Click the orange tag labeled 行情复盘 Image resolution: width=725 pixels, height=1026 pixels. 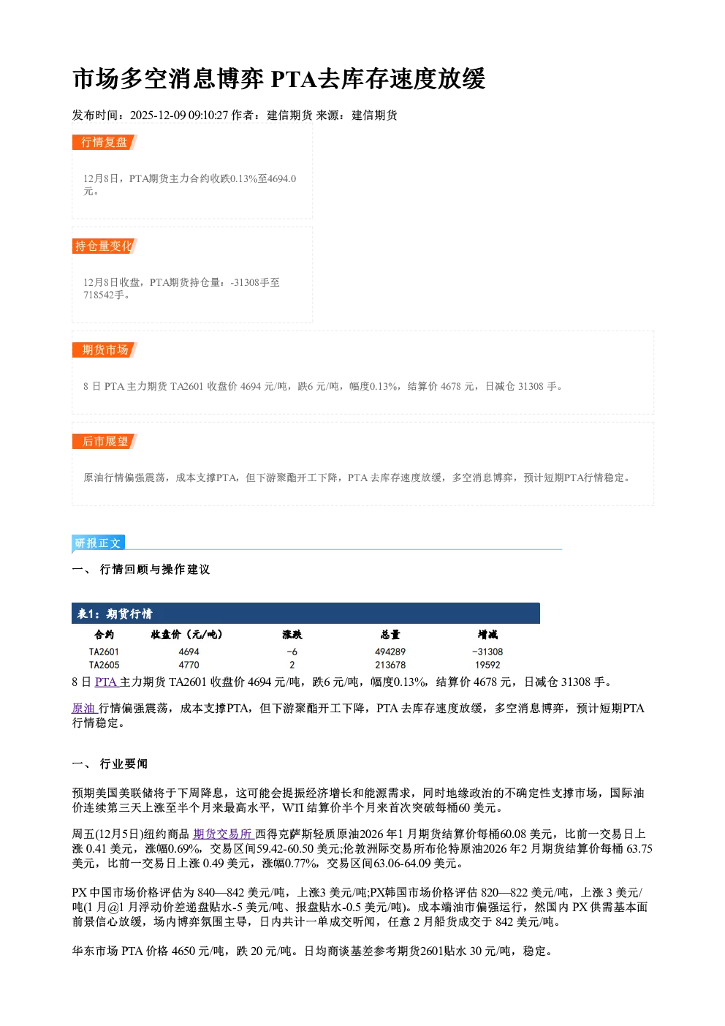pos(105,142)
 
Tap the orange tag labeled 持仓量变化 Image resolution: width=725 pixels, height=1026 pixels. pos(105,246)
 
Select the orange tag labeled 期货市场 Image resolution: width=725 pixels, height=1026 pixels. pos(105,350)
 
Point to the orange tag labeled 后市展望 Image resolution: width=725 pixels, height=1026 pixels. pos(105,441)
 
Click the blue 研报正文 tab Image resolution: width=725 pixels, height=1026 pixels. pos(98,543)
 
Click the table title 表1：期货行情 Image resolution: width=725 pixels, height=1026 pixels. pos(115,614)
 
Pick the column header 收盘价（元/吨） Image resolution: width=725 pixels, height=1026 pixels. pos(187,634)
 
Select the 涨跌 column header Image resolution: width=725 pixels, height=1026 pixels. pos(292,634)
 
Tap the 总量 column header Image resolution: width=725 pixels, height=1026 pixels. pos(390,634)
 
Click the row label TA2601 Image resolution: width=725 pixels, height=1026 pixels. pos(104,652)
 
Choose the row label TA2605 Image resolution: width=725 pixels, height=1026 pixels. pos(104,665)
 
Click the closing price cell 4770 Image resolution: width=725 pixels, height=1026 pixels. pos(189,665)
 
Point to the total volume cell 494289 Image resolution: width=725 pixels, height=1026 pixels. pos(390,652)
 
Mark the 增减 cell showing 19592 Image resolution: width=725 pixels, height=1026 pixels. pos(487,665)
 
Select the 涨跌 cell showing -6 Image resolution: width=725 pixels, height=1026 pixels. pos(292,652)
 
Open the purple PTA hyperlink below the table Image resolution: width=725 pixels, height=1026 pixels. pos(107,682)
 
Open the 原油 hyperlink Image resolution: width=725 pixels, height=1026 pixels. pos(85,708)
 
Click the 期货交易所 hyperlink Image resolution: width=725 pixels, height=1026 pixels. pos(223,834)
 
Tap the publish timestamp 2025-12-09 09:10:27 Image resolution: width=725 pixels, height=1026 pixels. pos(179,115)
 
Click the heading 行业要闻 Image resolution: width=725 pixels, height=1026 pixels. pos(124,763)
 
